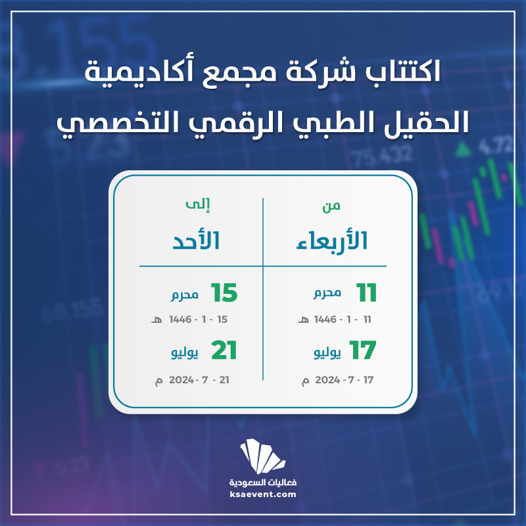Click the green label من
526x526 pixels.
point(331,206)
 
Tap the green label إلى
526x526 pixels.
point(198,204)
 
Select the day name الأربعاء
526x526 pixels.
point(332,241)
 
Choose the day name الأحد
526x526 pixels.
point(196,241)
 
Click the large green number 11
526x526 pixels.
point(366,293)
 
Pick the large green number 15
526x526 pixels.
point(224,293)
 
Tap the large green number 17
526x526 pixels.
point(363,350)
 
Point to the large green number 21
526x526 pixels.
point(224,350)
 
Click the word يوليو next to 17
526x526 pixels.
point(327,353)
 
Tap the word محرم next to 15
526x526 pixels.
point(185,295)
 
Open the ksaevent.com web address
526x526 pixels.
point(263,494)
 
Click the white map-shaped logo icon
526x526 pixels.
point(262,456)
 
